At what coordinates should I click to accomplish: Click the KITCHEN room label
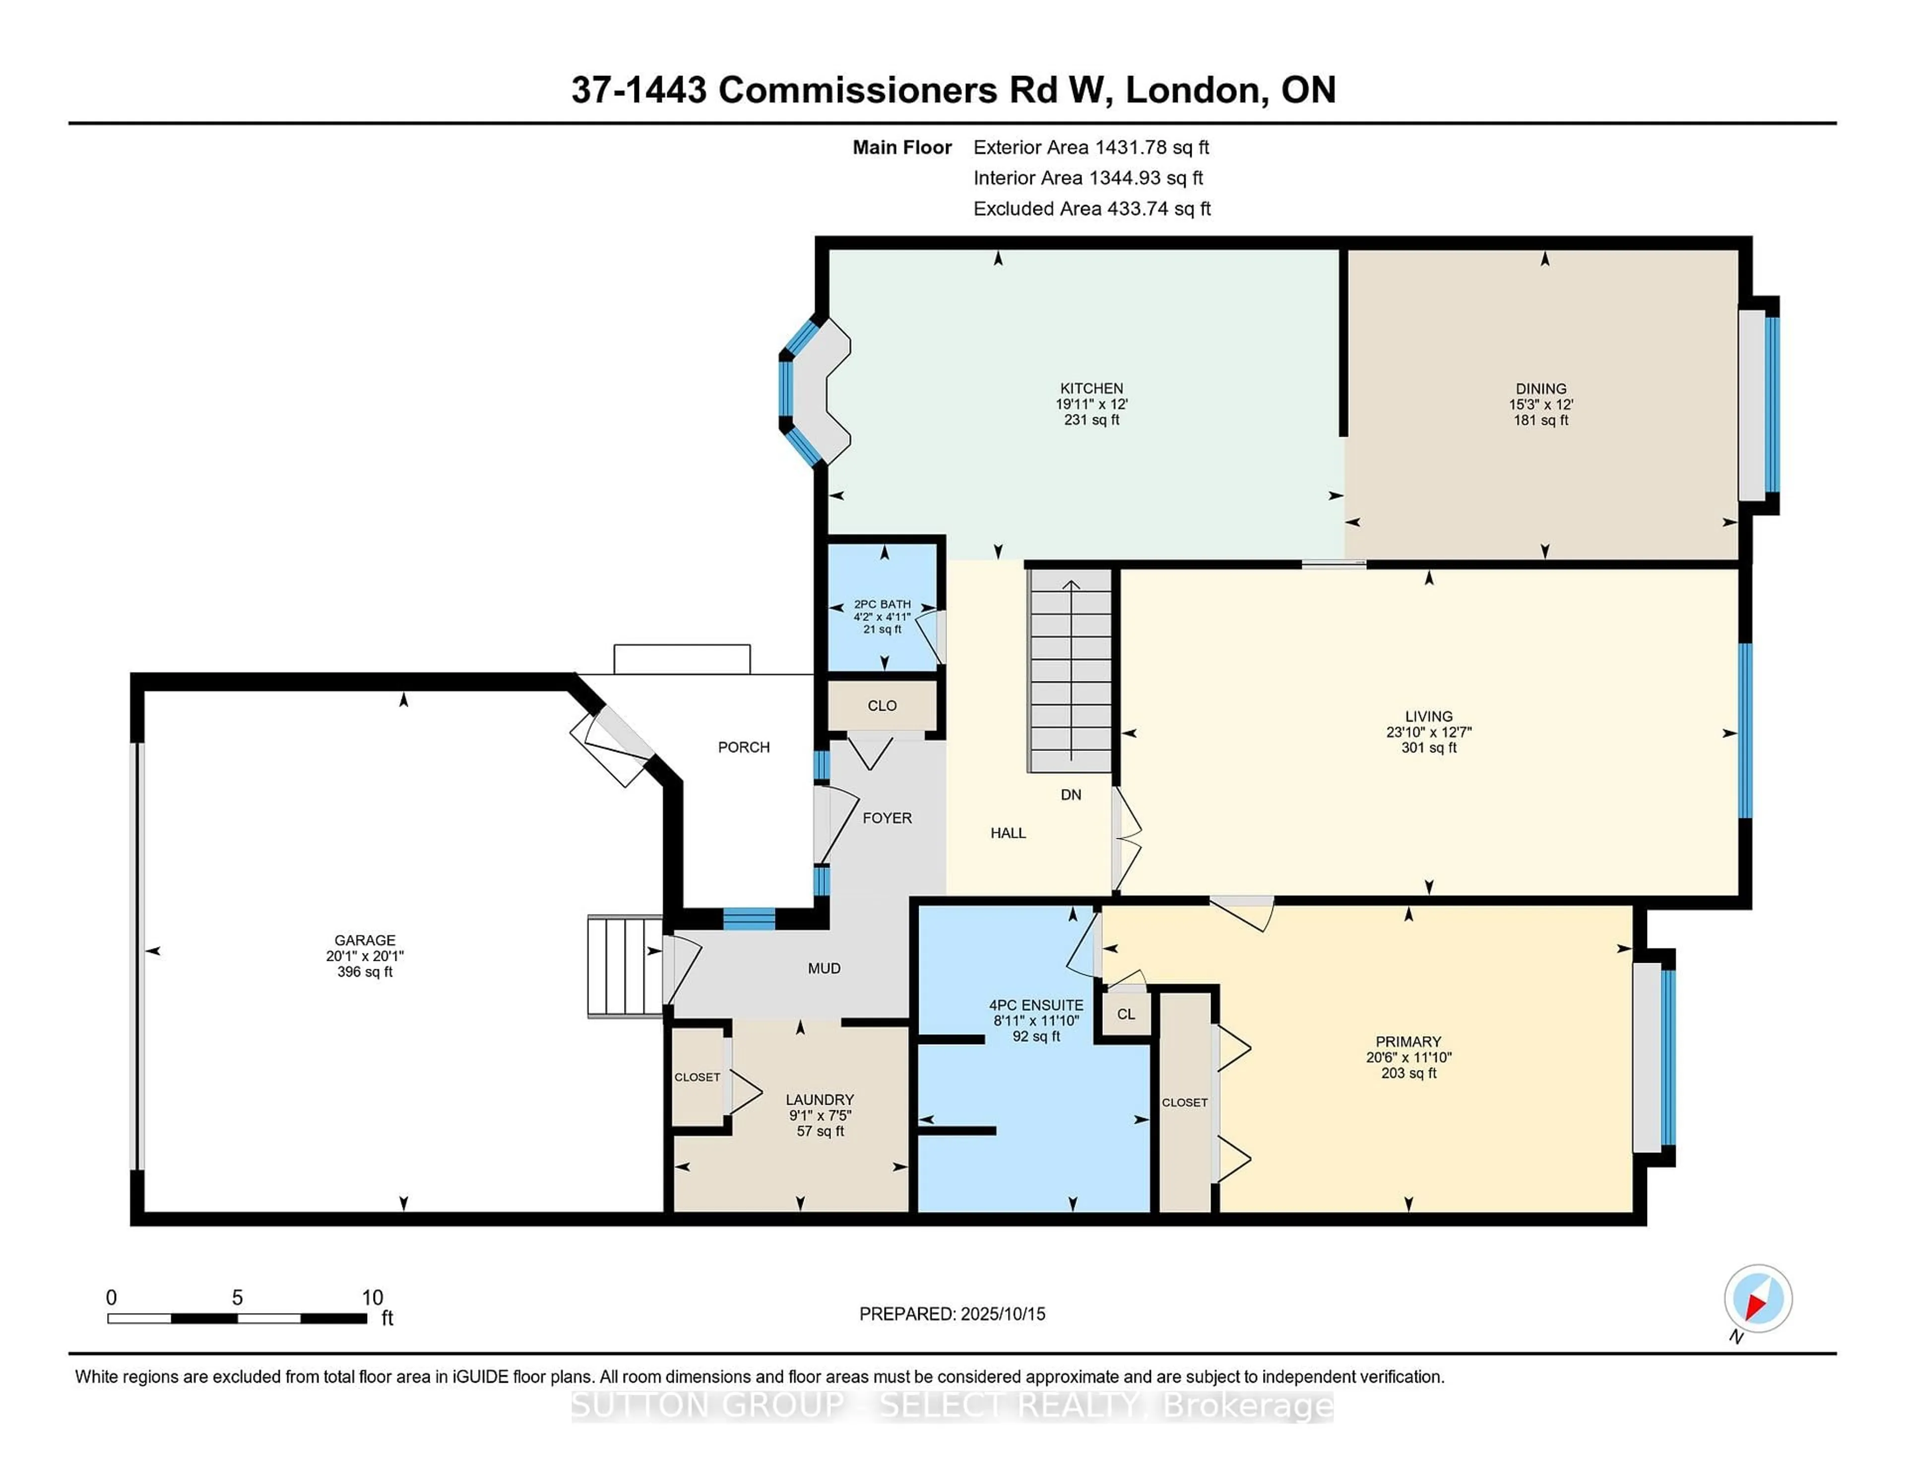coord(1091,388)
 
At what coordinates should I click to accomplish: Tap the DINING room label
coord(1540,388)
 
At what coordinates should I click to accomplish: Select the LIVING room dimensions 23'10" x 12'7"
coord(1429,732)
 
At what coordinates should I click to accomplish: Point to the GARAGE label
coord(365,940)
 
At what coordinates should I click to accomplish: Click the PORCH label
coord(743,747)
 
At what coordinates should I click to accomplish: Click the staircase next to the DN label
coord(1070,672)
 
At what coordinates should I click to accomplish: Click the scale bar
coord(237,1318)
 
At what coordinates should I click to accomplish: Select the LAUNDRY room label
coord(819,1099)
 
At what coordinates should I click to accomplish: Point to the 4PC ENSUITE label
coord(1036,1005)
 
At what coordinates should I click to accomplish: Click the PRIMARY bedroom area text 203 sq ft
coord(1408,1072)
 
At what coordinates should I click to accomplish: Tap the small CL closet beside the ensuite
coord(1125,1014)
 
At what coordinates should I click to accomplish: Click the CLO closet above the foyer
coord(882,705)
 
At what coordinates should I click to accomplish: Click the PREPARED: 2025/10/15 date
coord(952,1313)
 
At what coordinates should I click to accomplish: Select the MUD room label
coord(824,968)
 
